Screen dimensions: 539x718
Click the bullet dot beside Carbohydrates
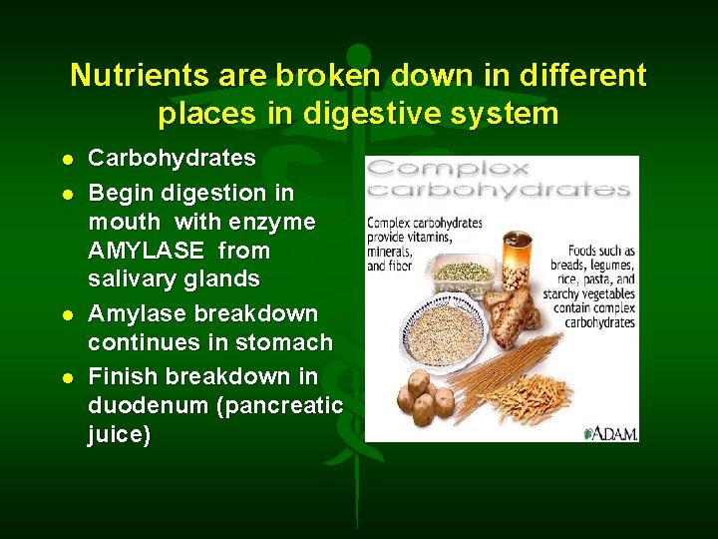click(66, 160)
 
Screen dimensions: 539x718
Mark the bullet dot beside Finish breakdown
click(66, 378)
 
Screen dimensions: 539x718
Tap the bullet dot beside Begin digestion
click(66, 192)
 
